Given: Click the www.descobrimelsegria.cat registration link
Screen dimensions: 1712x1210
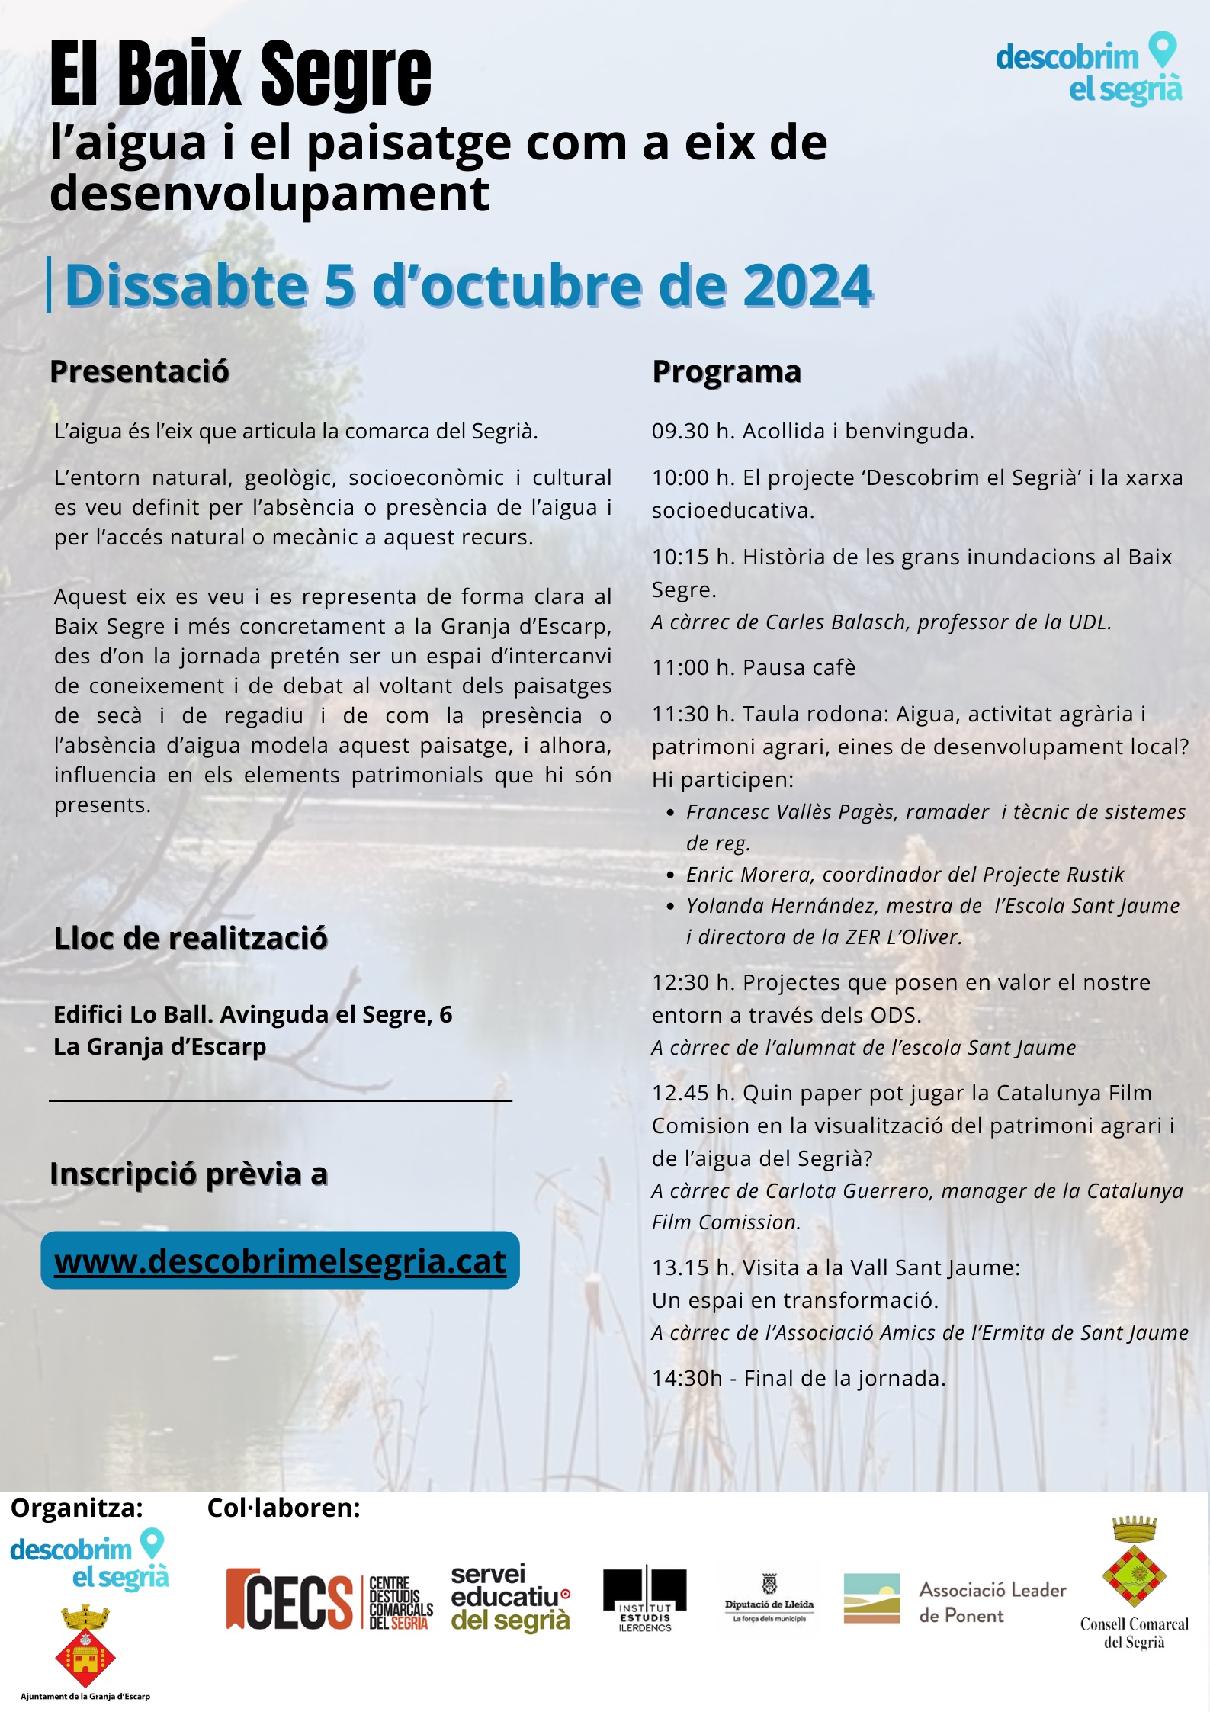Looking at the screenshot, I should point(280,1261).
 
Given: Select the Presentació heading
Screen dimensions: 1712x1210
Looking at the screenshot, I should point(140,372).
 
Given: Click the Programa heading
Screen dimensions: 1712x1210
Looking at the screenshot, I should point(727,372).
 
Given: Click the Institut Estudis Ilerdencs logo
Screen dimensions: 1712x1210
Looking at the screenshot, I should point(644,1599).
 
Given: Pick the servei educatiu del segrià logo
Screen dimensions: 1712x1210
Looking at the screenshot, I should point(510,1597).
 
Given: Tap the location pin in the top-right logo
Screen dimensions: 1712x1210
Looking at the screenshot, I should point(1162,50).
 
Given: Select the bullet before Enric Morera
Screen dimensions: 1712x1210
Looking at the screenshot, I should point(670,875).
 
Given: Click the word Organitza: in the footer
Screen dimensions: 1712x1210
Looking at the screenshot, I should point(77,1508).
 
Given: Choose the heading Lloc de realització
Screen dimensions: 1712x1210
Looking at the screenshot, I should point(191,938).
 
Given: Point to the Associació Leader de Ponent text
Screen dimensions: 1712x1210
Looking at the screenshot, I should point(992,1602).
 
